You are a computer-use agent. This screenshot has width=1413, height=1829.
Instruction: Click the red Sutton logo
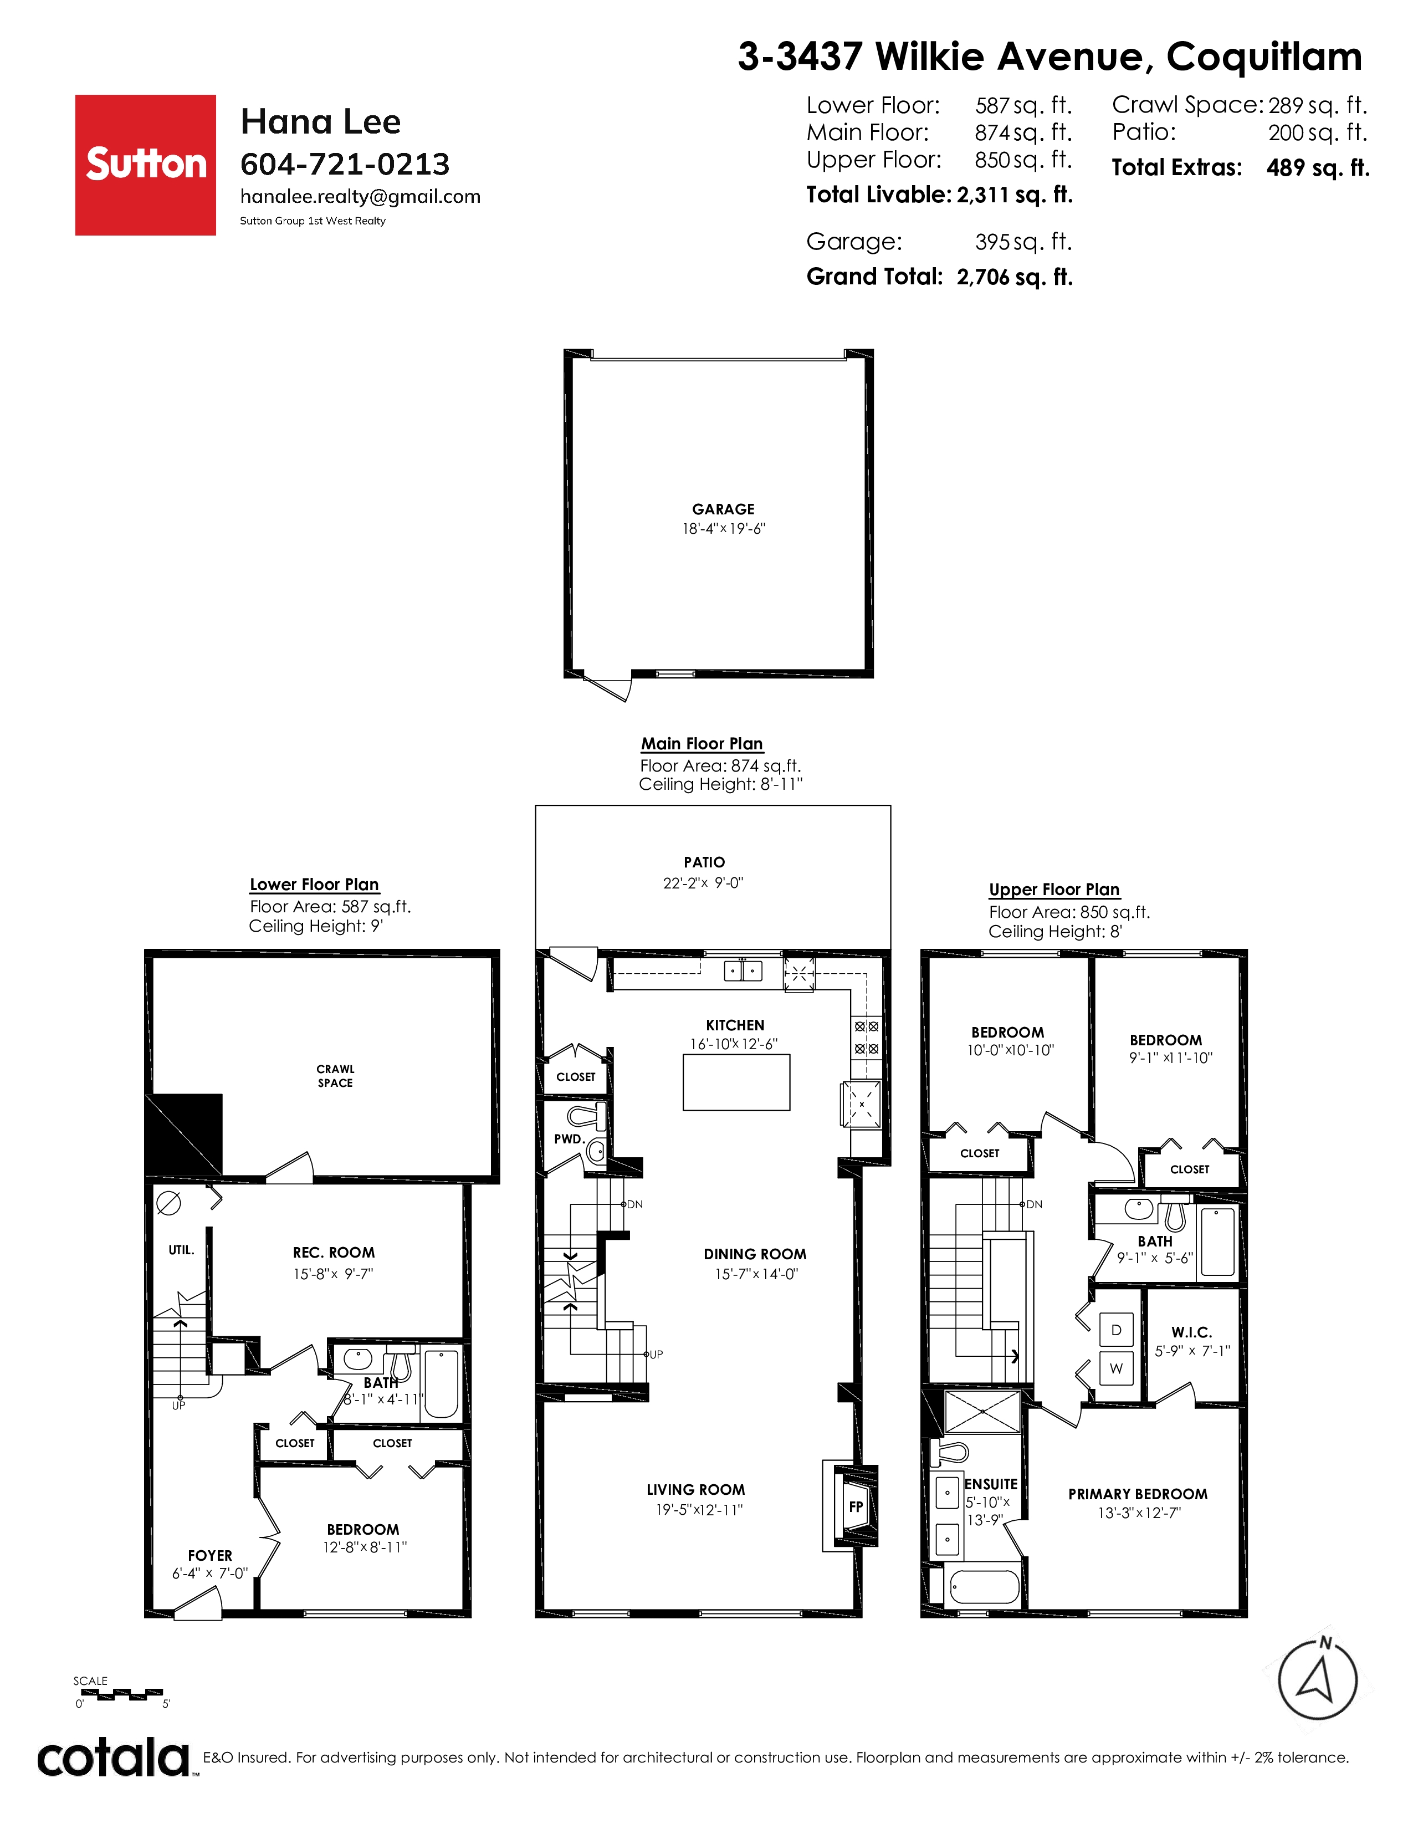tap(146, 165)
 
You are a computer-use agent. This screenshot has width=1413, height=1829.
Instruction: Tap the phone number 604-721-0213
tap(345, 164)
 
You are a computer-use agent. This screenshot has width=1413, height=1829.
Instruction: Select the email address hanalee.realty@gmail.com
tap(360, 197)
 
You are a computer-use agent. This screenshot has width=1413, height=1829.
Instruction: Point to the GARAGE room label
tap(723, 509)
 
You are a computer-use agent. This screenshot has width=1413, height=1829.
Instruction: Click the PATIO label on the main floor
tap(704, 862)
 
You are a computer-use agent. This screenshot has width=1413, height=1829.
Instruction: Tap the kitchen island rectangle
tap(736, 1082)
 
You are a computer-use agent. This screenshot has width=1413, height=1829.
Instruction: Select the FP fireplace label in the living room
tap(856, 1506)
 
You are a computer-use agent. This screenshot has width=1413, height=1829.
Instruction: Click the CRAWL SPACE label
tap(335, 1076)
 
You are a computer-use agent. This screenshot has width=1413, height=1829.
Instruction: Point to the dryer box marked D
tap(1116, 1330)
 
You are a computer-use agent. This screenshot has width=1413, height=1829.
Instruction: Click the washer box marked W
tap(1116, 1368)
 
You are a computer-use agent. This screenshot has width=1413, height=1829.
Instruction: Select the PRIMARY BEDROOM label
tap(1138, 1494)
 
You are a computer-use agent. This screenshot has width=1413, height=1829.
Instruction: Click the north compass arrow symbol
tap(1318, 1679)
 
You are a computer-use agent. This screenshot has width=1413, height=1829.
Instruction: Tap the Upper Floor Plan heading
tap(1054, 890)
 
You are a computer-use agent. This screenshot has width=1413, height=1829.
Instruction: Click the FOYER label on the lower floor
tap(210, 1555)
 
